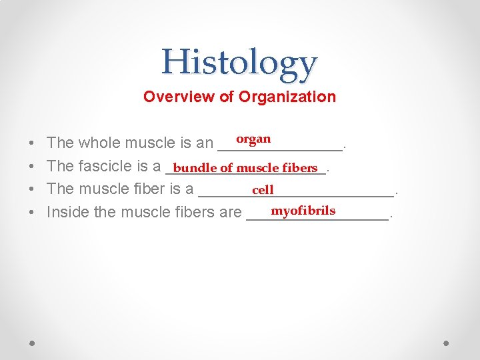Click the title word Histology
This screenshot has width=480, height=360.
[239, 63]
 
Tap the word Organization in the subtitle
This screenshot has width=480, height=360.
[287, 97]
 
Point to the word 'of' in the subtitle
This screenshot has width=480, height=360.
[227, 97]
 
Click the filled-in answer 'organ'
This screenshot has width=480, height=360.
[253, 139]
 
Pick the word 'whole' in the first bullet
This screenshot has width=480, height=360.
[99, 143]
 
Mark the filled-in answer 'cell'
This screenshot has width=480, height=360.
[263, 190]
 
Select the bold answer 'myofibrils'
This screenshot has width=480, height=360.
[303, 211]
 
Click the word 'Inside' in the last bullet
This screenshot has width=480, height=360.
[65, 212]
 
